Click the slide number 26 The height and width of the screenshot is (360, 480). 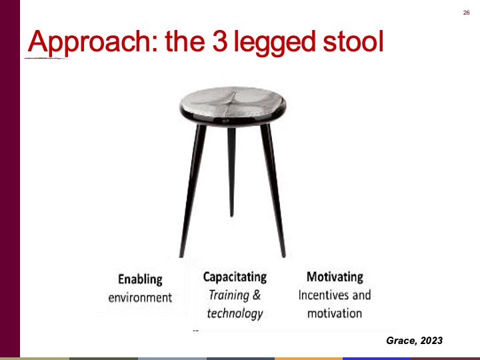466,13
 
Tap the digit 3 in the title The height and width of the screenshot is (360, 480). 220,41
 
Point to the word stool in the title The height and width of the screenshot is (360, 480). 353,41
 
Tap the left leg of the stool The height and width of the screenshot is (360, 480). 192,191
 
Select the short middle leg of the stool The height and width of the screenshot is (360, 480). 231,171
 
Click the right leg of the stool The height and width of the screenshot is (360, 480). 273,191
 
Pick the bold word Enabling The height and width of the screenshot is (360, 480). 140,279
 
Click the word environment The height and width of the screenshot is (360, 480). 140,297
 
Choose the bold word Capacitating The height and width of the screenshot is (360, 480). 235,277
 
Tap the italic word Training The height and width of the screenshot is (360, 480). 229,295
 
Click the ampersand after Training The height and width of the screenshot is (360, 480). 257,295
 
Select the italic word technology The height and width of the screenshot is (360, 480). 235,313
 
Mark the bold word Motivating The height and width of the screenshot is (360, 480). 335,277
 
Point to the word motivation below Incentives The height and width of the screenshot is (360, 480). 335,313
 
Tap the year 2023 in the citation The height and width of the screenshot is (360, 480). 431,341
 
